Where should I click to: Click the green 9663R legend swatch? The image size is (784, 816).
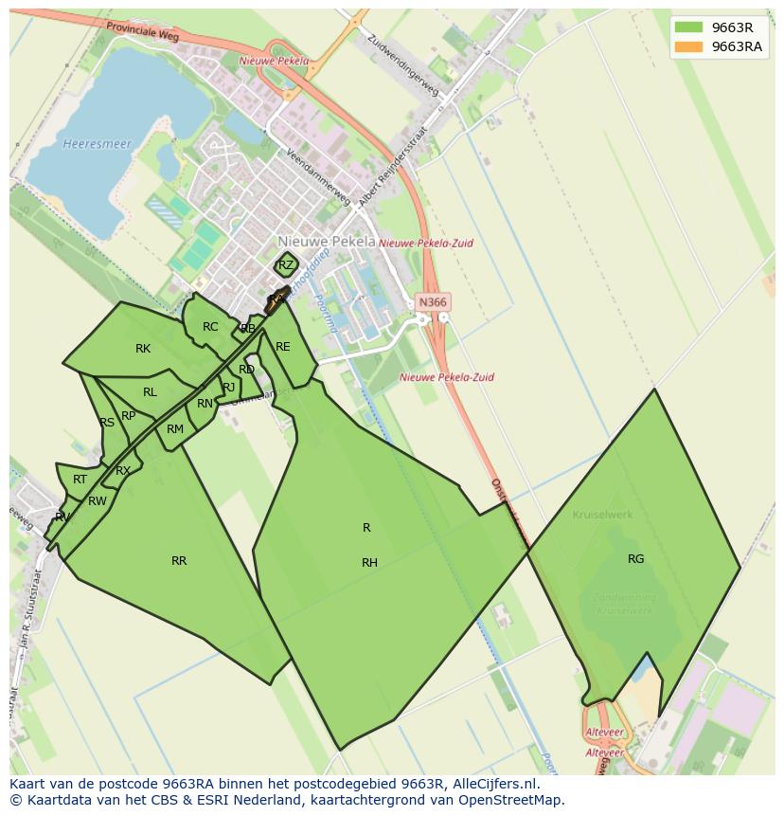(688, 27)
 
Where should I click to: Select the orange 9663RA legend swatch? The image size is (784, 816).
(688, 46)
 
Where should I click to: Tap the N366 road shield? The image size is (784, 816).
(432, 302)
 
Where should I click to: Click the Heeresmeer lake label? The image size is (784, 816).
(83, 144)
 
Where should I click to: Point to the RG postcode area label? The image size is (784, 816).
(635, 559)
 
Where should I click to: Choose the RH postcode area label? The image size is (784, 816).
(369, 563)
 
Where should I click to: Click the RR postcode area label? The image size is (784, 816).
(179, 561)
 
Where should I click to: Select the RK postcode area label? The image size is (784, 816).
(143, 349)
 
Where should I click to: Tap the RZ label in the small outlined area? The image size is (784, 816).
(286, 265)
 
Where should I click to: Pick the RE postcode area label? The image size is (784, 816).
(282, 347)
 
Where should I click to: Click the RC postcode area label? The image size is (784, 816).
(210, 327)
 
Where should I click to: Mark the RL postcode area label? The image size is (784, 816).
(150, 392)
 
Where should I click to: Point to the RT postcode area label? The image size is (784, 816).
(80, 480)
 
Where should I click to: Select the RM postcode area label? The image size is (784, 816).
(175, 429)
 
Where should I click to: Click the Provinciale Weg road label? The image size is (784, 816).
(143, 33)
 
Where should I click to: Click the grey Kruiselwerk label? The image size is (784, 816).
(602, 515)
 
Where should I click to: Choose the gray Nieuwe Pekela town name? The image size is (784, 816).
(327, 242)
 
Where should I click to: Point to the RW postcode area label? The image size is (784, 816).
(97, 501)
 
